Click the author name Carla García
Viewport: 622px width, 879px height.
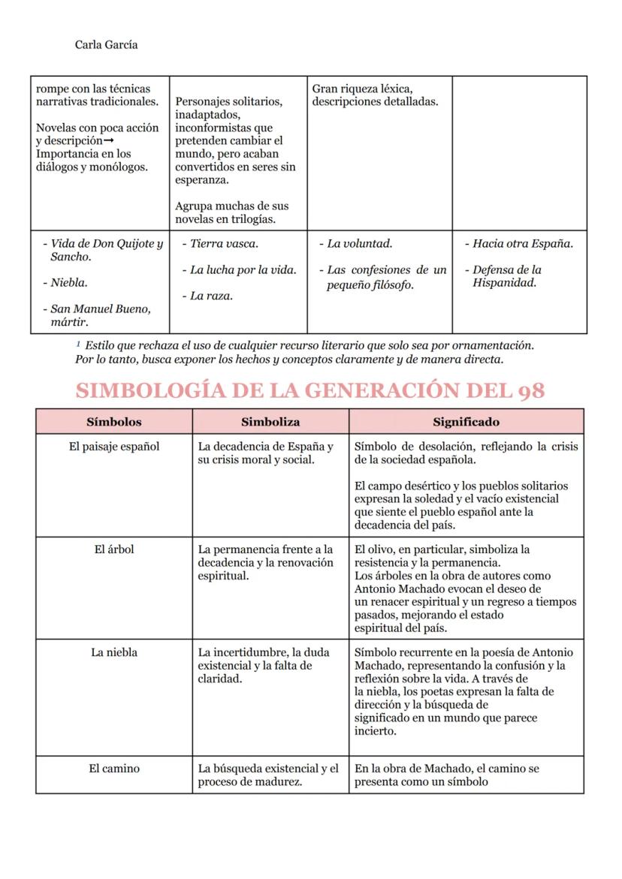(106, 45)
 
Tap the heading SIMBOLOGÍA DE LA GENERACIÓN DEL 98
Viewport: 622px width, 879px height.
(310, 390)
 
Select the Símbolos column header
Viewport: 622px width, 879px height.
(113, 422)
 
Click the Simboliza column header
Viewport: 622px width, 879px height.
(270, 422)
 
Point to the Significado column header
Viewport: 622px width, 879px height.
(466, 422)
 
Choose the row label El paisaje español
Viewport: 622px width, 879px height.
(113, 447)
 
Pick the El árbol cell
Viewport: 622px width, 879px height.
(113, 549)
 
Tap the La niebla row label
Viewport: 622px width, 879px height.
(113, 652)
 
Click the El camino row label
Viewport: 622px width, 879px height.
(113, 769)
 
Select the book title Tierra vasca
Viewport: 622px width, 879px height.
(224, 244)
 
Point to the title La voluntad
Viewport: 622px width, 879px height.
(359, 244)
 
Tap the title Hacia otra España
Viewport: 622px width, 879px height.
(522, 244)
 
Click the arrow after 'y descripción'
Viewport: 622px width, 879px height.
(107, 141)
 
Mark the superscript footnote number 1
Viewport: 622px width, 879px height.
(78, 343)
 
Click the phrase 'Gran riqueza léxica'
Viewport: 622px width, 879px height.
(362, 89)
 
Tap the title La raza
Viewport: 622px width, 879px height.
(210, 297)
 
